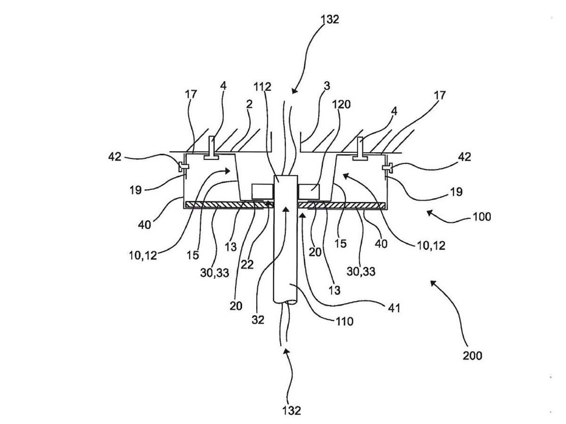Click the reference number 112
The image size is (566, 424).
(x=262, y=87)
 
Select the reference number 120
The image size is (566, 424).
(x=341, y=104)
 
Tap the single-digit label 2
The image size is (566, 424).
(x=249, y=104)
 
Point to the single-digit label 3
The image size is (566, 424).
(x=327, y=86)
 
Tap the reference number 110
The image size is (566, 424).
(x=344, y=321)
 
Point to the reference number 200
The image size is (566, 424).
(x=472, y=355)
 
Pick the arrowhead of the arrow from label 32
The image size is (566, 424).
(x=285, y=208)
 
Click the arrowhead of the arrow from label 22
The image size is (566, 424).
(x=270, y=204)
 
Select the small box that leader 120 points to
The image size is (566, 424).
(x=309, y=191)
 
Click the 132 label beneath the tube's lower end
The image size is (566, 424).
(x=292, y=410)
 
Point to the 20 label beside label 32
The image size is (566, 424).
(x=236, y=306)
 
